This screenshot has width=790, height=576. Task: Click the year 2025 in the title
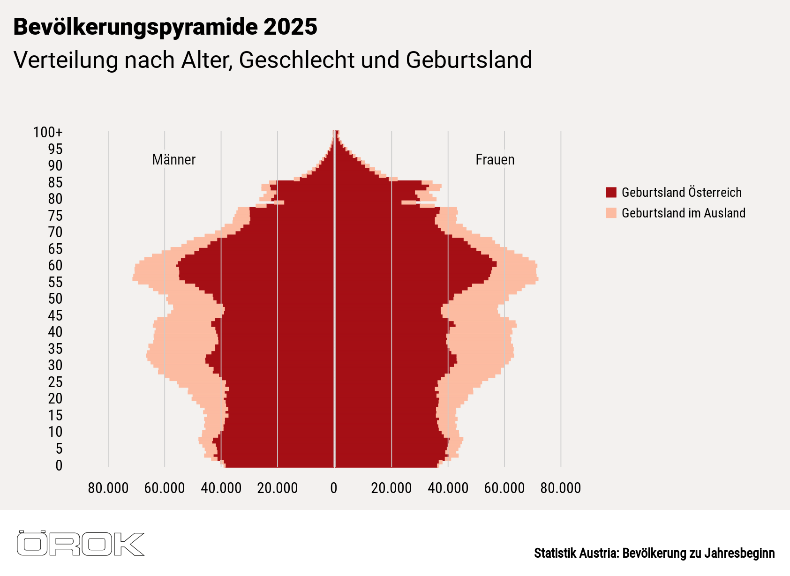(x=290, y=27)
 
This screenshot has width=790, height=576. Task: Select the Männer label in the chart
(x=173, y=160)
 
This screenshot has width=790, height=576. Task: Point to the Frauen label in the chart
(x=495, y=160)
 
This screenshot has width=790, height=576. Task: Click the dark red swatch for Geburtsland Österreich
(x=611, y=192)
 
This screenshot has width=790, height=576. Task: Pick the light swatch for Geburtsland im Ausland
(x=611, y=213)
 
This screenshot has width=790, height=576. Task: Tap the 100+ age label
(x=47, y=132)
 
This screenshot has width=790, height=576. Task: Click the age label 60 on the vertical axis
(x=55, y=265)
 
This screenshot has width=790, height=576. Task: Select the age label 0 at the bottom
(x=59, y=465)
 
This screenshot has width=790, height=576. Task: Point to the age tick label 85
(x=55, y=182)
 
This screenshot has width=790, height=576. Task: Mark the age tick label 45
(x=55, y=315)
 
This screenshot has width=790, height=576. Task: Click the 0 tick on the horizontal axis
(x=334, y=488)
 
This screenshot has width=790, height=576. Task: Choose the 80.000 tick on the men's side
(x=108, y=488)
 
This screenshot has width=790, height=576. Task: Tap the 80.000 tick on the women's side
(x=560, y=488)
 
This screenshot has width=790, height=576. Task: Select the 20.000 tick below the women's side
(x=391, y=488)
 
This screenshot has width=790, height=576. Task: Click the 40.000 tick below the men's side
(x=221, y=488)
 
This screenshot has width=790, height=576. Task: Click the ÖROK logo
(x=81, y=544)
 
